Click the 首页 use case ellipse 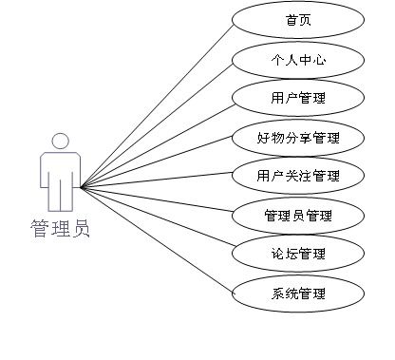(x=297, y=19)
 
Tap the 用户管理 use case (x=297, y=97)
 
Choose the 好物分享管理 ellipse (x=297, y=137)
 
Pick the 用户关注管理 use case (x=297, y=176)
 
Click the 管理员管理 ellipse (x=297, y=215)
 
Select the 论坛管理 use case (x=297, y=254)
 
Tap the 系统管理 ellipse (x=297, y=293)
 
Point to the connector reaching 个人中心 (x=157, y=123)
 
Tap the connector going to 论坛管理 (x=157, y=220)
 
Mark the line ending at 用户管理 (x=157, y=142)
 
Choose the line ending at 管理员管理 (x=157, y=201)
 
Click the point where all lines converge (x=82, y=186)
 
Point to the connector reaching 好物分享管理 (x=157, y=161)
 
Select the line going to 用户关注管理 (x=157, y=181)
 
